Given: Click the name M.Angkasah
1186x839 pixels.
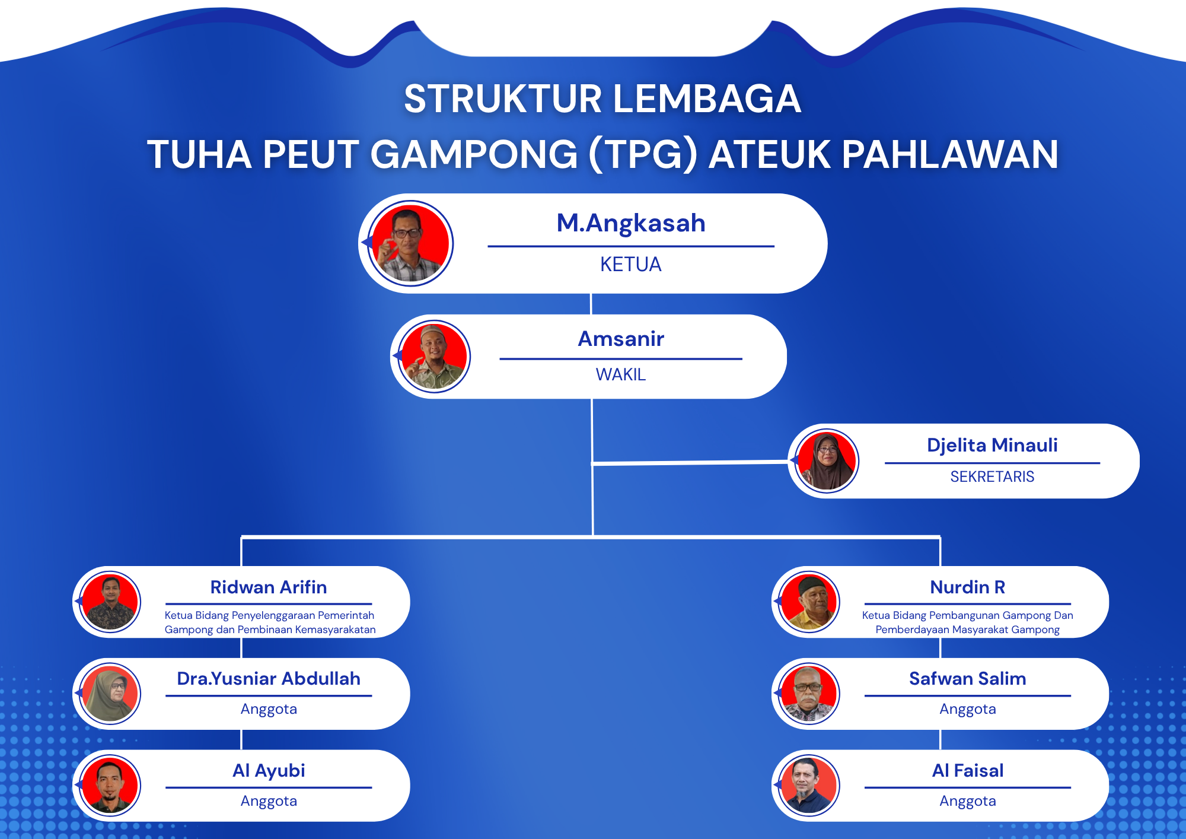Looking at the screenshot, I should pos(630,224).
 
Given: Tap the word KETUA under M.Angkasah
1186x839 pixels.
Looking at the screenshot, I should pos(630,264).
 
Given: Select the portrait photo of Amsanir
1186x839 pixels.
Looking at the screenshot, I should pos(434,357).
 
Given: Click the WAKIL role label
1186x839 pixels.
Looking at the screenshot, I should pos(620,374).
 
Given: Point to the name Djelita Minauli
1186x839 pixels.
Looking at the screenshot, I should pos(991,445).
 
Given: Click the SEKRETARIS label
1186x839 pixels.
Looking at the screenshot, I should pos(991,476).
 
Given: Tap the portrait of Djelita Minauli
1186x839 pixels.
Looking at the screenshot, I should pos(827,461).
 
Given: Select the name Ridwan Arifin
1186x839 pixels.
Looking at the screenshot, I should pos(268,587).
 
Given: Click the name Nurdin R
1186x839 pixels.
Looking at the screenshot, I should pos(967,587).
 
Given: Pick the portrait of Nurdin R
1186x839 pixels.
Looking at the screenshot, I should pos(809,602).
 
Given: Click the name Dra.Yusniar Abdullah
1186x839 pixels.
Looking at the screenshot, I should pos(268,679).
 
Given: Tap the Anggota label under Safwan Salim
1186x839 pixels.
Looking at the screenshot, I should pos(967,709).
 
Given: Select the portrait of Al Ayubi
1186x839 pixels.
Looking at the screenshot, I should pos(110,786).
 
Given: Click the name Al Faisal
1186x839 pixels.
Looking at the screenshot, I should pos(967,771).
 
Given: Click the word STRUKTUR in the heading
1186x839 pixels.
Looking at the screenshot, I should pos(503,98).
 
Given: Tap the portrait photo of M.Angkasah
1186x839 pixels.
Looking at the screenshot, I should pos(410,243).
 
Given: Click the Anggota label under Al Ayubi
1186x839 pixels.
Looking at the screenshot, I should pos(268,801).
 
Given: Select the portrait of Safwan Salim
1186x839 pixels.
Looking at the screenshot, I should pos(809,694).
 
